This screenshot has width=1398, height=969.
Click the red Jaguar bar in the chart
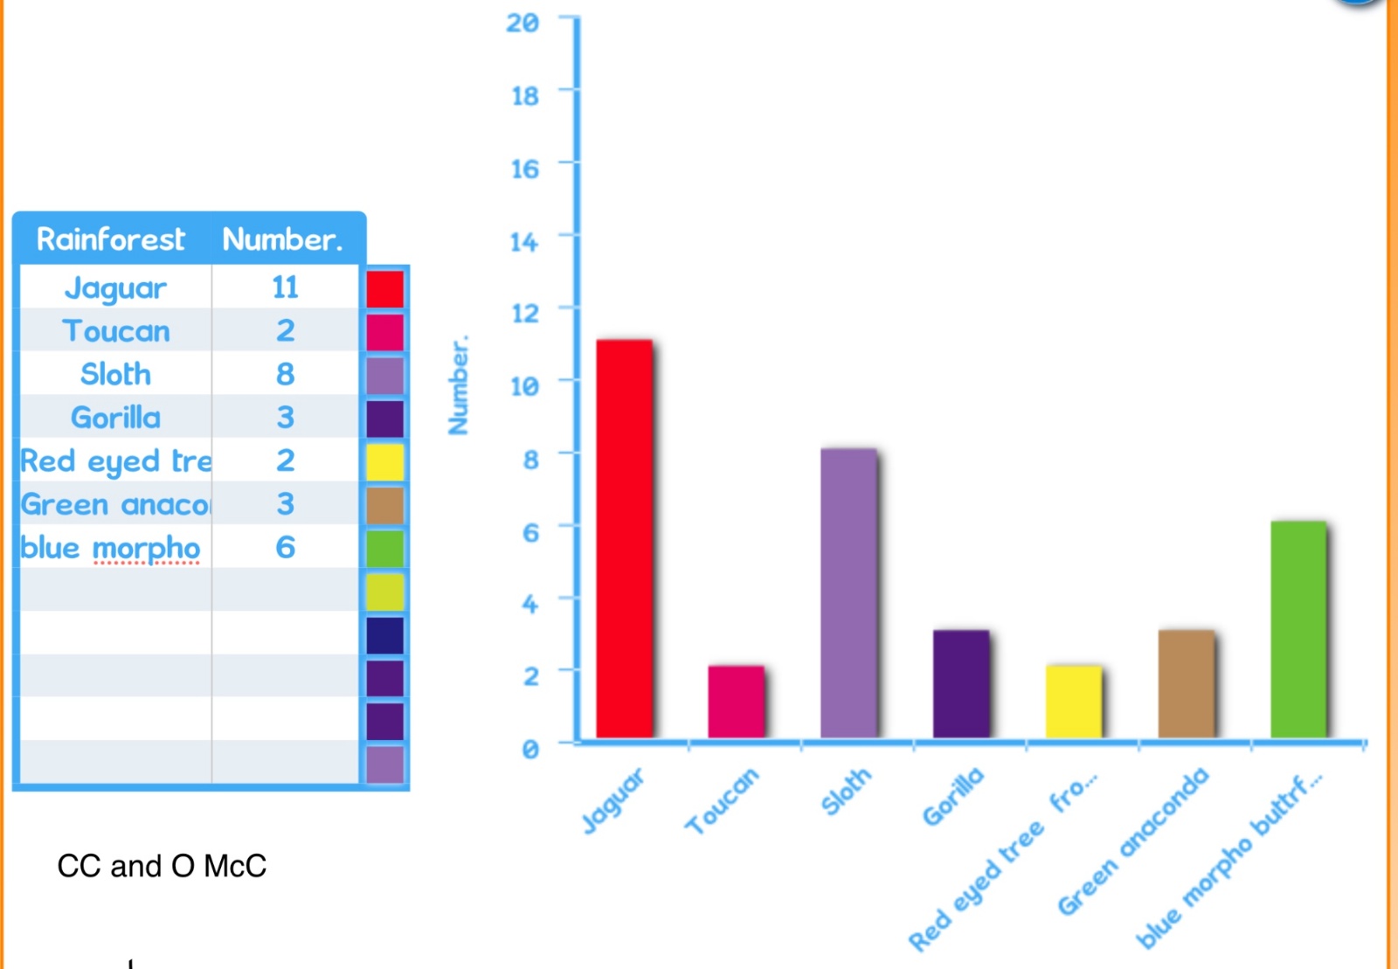624,538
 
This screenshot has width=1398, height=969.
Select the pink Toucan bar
737,702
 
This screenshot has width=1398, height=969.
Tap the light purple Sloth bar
848,592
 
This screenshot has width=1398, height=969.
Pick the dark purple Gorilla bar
961,684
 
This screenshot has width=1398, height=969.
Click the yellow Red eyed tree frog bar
1074,702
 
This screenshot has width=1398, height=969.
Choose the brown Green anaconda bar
1187,684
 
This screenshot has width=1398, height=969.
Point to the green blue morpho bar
1298,629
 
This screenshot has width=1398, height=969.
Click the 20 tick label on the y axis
523,23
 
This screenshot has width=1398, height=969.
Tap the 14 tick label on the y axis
524,241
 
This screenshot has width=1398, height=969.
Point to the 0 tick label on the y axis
530,749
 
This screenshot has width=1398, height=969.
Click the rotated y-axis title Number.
459,385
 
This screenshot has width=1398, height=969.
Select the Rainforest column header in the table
110,239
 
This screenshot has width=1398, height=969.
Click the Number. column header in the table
283,239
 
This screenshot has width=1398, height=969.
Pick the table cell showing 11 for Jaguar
285,287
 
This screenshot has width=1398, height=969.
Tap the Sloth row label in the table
115,374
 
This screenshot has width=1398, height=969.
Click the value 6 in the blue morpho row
285,547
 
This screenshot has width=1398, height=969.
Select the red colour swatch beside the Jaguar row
385,288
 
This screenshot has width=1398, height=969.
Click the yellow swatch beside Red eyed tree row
385,461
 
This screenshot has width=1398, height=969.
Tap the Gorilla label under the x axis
953,796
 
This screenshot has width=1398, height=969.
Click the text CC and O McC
162,866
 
